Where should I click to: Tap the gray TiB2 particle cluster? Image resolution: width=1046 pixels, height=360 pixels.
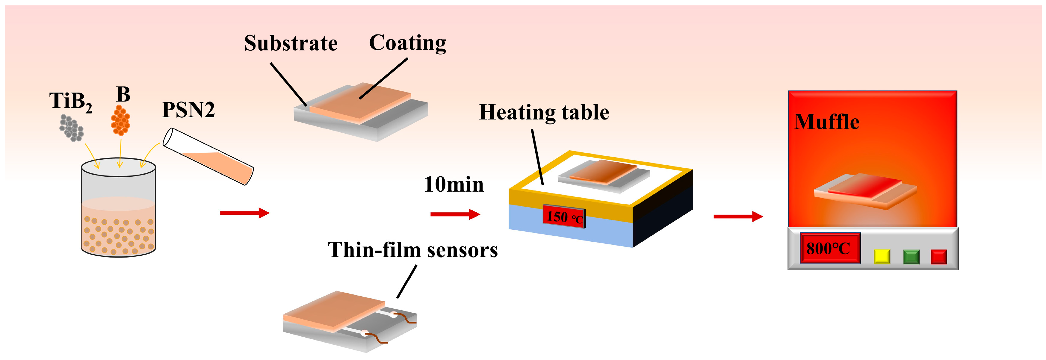72,128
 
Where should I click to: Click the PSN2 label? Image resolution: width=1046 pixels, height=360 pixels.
188,110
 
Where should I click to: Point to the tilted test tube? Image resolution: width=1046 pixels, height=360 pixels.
208,157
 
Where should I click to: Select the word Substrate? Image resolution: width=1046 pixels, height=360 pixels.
291,43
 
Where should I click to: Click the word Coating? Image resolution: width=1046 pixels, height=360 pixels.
407,43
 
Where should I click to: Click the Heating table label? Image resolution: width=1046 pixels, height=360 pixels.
544,112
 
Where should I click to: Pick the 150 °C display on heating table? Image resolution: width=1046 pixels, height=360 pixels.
564,217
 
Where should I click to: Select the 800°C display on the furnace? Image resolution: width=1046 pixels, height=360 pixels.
829,248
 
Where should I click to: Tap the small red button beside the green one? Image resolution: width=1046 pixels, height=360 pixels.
938,256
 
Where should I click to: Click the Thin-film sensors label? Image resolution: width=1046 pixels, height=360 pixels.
412,249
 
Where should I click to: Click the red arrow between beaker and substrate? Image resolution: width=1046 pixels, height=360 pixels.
244,213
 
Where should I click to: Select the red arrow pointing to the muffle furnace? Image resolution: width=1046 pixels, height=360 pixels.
738,216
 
